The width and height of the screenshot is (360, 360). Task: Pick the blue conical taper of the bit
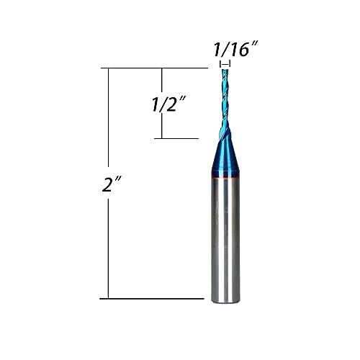226,155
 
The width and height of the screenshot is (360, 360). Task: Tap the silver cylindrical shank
226,238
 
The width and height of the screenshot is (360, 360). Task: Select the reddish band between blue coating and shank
226,176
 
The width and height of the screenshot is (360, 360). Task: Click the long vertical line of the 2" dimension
109,238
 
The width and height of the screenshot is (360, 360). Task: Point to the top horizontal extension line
158,68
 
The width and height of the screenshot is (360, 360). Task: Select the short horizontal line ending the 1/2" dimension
176,138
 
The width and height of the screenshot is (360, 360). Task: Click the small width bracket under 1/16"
225,64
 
